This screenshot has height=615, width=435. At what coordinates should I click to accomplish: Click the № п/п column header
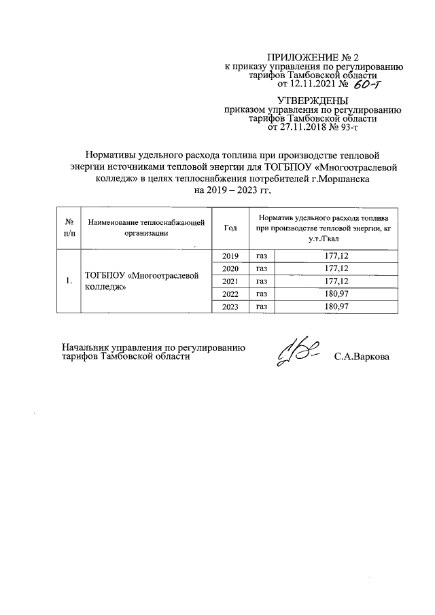tap(69, 228)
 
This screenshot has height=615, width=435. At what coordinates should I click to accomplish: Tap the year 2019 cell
tap(230, 256)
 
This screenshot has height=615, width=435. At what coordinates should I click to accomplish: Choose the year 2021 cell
tap(230, 281)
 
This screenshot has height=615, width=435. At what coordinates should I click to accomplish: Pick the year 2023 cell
tap(230, 307)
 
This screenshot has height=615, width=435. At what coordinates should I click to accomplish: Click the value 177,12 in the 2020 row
tap(337, 268)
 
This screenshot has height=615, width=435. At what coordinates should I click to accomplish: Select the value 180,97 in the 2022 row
tap(337, 294)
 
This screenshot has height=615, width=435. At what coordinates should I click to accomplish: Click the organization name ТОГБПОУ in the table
tap(105, 276)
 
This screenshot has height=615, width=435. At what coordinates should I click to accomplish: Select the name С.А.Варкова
tap(362, 356)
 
